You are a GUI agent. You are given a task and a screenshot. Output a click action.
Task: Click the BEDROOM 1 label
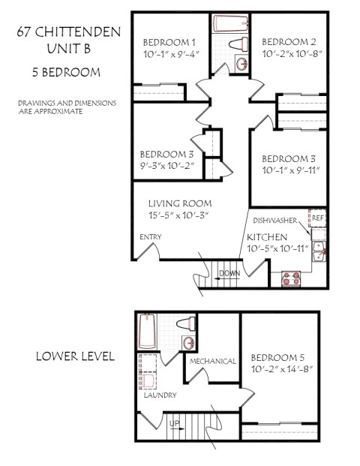[169, 42]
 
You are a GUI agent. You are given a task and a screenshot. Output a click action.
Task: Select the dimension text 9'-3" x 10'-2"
[166, 166]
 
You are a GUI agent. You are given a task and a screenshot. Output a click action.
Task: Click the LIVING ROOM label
[179, 203]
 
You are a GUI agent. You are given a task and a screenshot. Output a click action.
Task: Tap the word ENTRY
[150, 237]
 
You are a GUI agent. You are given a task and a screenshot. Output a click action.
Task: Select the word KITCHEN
[267, 237]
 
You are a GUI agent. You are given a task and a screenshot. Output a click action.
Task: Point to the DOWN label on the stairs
[230, 273]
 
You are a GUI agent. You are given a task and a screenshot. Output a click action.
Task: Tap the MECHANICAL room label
[213, 361]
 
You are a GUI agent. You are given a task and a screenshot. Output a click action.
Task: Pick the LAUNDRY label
[160, 395]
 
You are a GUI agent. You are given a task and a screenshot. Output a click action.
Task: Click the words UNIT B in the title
[65, 50]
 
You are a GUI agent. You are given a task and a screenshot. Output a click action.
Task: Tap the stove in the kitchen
[289, 279]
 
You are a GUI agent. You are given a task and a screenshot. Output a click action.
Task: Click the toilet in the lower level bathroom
[186, 324]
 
